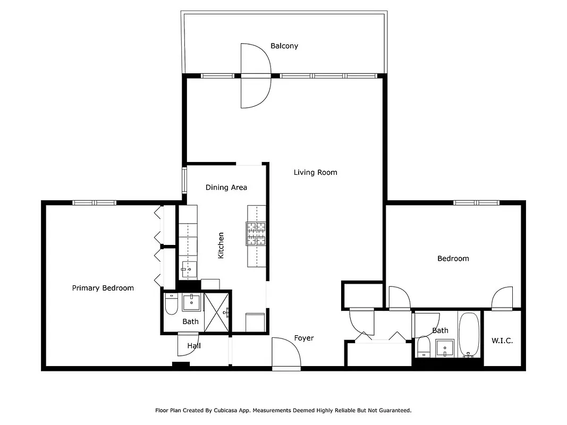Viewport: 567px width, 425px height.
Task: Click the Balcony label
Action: [x=284, y=46]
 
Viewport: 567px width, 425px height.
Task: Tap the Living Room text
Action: [x=315, y=172]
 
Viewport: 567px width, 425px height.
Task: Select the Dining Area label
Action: [x=226, y=187]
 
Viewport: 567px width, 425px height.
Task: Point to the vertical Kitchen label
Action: [x=221, y=245]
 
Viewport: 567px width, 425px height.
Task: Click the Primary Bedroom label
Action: [x=103, y=288]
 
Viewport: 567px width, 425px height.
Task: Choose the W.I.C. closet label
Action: [x=502, y=341]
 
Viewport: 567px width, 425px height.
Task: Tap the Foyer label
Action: [x=304, y=338]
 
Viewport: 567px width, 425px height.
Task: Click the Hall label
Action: [x=194, y=346]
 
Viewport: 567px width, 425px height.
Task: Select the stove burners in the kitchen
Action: [x=256, y=234]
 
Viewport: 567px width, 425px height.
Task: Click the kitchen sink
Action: [x=188, y=269]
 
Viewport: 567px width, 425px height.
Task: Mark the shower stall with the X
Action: [x=216, y=312]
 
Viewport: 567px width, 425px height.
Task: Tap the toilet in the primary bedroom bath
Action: [x=171, y=304]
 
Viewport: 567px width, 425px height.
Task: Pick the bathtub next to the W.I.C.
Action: [x=469, y=336]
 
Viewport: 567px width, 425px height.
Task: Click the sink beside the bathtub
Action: [x=444, y=349]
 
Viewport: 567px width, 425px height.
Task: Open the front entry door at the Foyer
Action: [x=286, y=353]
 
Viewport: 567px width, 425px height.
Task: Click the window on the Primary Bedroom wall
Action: [x=94, y=202]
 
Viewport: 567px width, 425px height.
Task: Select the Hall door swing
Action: [x=188, y=344]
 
